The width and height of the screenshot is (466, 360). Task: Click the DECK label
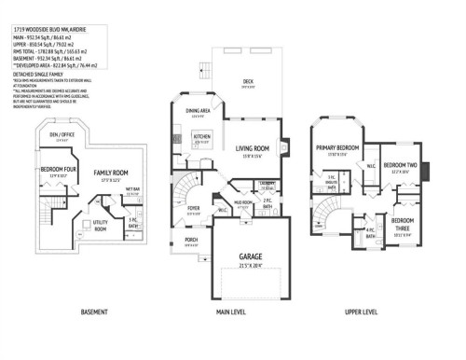248,82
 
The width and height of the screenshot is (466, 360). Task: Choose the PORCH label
191,241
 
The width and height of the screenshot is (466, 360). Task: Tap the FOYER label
194,208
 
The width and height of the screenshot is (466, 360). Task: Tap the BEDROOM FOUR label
58,170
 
